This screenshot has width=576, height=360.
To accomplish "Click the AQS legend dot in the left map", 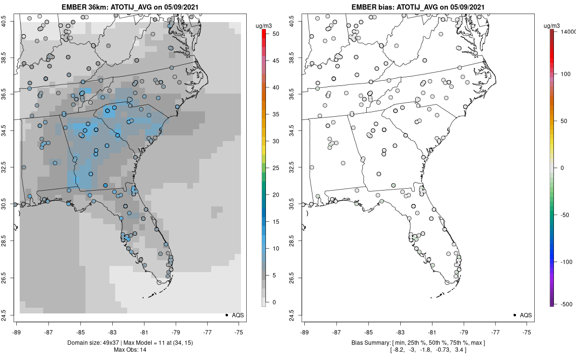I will [226, 315].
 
